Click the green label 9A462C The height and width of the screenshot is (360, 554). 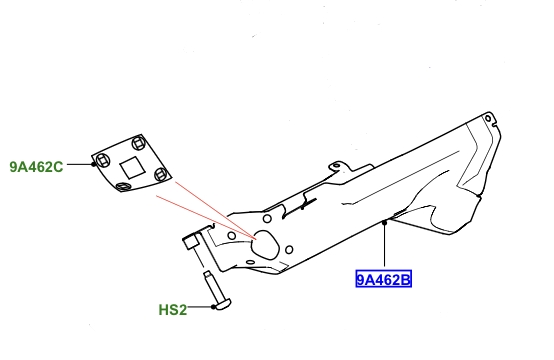pyautogui.click(x=36, y=166)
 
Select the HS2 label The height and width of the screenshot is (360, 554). pyautogui.click(x=172, y=310)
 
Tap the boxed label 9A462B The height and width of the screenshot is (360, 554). pyautogui.click(x=384, y=279)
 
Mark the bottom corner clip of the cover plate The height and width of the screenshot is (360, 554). pyautogui.click(x=122, y=186)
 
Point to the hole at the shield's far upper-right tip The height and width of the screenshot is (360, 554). pyautogui.click(x=487, y=121)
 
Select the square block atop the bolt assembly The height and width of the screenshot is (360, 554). pyautogui.click(x=193, y=241)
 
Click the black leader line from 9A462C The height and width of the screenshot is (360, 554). pyautogui.click(x=79, y=166)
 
